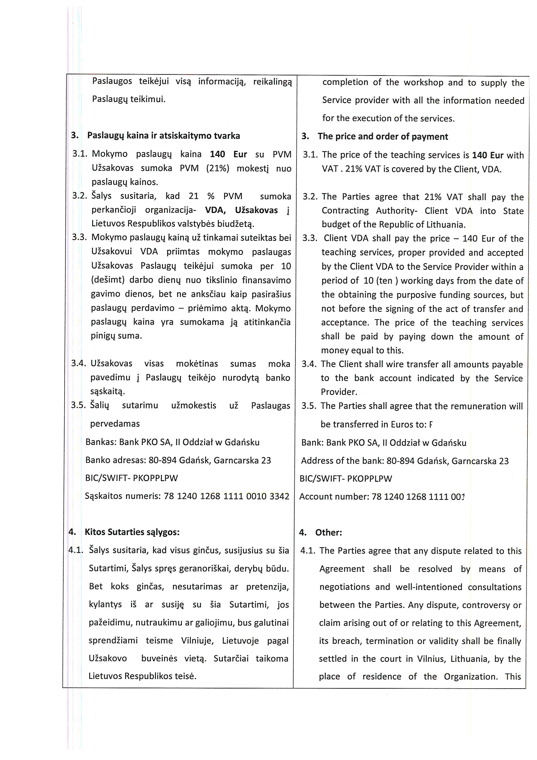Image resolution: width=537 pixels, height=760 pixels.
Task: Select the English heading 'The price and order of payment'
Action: pyautogui.click(x=383, y=137)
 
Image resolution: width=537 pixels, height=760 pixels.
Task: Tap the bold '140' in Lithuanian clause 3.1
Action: pyautogui.click(x=217, y=154)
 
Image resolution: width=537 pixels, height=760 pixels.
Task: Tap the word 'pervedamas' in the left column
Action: pyautogui.click(x=115, y=424)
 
